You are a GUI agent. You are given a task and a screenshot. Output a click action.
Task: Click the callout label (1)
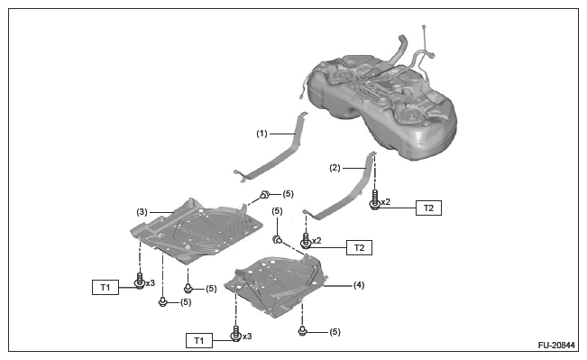[261, 134]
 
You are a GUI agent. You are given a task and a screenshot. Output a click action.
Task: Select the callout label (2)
[335, 168]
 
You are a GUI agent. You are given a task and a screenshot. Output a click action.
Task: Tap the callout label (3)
[142, 212]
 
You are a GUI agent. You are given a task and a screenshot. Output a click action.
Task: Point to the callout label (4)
[359, 285]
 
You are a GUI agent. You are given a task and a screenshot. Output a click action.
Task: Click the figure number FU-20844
[556, 345]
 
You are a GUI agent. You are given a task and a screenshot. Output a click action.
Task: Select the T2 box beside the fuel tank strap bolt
[428, 208]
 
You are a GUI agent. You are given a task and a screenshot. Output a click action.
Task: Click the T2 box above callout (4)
[359, 247]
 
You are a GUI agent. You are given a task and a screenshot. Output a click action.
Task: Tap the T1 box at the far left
[105, 287]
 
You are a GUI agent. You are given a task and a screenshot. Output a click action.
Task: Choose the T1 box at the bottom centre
[199, 340]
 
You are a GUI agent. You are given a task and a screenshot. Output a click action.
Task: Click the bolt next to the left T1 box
[140, 281]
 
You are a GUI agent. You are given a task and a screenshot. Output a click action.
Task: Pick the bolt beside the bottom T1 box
[235, 334]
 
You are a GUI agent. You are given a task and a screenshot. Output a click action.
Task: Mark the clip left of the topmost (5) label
[265, 195]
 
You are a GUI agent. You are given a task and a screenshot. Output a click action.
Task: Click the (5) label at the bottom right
[335, 332]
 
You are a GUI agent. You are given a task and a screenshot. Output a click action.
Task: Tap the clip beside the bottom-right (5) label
[302, 331]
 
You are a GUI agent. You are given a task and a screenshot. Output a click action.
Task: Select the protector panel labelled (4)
[276, 285]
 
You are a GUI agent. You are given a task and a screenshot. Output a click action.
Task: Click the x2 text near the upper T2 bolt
[386, 202]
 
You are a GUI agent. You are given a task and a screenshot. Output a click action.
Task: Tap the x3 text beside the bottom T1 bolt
[247, 337]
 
